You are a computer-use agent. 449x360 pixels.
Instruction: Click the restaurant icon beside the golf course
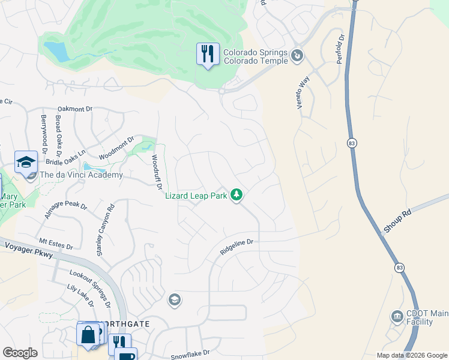click(207, 55)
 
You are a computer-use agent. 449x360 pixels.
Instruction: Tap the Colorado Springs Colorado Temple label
click(255, 56)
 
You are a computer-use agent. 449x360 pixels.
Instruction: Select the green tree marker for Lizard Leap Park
click(237, 194)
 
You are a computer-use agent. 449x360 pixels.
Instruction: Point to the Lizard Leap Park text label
click(196, 196)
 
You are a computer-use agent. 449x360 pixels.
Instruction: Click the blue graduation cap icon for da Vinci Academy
click(26, 162)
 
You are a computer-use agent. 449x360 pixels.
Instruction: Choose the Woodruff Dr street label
click(156, 173)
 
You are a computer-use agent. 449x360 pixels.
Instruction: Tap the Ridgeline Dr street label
click(237, 247)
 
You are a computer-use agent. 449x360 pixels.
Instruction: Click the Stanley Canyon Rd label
click(106, 232)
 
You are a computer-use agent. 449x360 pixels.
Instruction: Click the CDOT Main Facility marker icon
click(396, 316)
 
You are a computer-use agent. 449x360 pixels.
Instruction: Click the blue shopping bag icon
click(88, 334)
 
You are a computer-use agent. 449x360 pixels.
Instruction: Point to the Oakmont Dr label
click(75, 109)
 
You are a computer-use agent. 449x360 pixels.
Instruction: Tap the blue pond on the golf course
click(57, 52)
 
